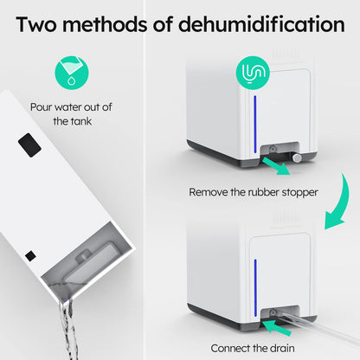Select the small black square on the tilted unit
coord(31,255)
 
